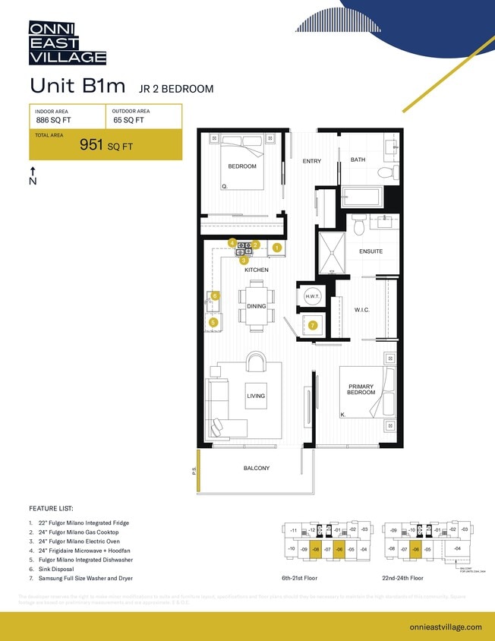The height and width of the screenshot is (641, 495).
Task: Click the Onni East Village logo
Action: point(67,43)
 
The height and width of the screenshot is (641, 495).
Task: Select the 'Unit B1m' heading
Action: point(77,86)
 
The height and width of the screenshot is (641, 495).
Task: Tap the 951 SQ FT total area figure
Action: point(106,146)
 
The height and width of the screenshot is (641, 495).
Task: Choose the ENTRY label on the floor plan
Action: point(312,161)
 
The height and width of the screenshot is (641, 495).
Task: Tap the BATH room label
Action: point(358,159)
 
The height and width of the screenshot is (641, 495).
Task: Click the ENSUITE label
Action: point(370,251)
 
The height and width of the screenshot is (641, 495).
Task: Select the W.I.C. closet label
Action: point(361,310)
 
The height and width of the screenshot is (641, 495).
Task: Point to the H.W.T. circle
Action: point(311,296)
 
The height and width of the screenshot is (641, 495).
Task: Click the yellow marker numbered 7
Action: point(312,325)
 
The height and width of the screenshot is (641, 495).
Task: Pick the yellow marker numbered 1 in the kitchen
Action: point(277,248)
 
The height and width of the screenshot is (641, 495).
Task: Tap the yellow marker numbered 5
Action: point(213,323)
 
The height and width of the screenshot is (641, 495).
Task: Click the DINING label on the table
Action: point(256,307)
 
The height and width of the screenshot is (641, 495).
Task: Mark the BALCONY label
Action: point(257,468)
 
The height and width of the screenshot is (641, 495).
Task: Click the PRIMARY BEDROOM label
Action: point(361,390)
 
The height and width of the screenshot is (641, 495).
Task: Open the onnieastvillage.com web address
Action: point(444,627)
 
